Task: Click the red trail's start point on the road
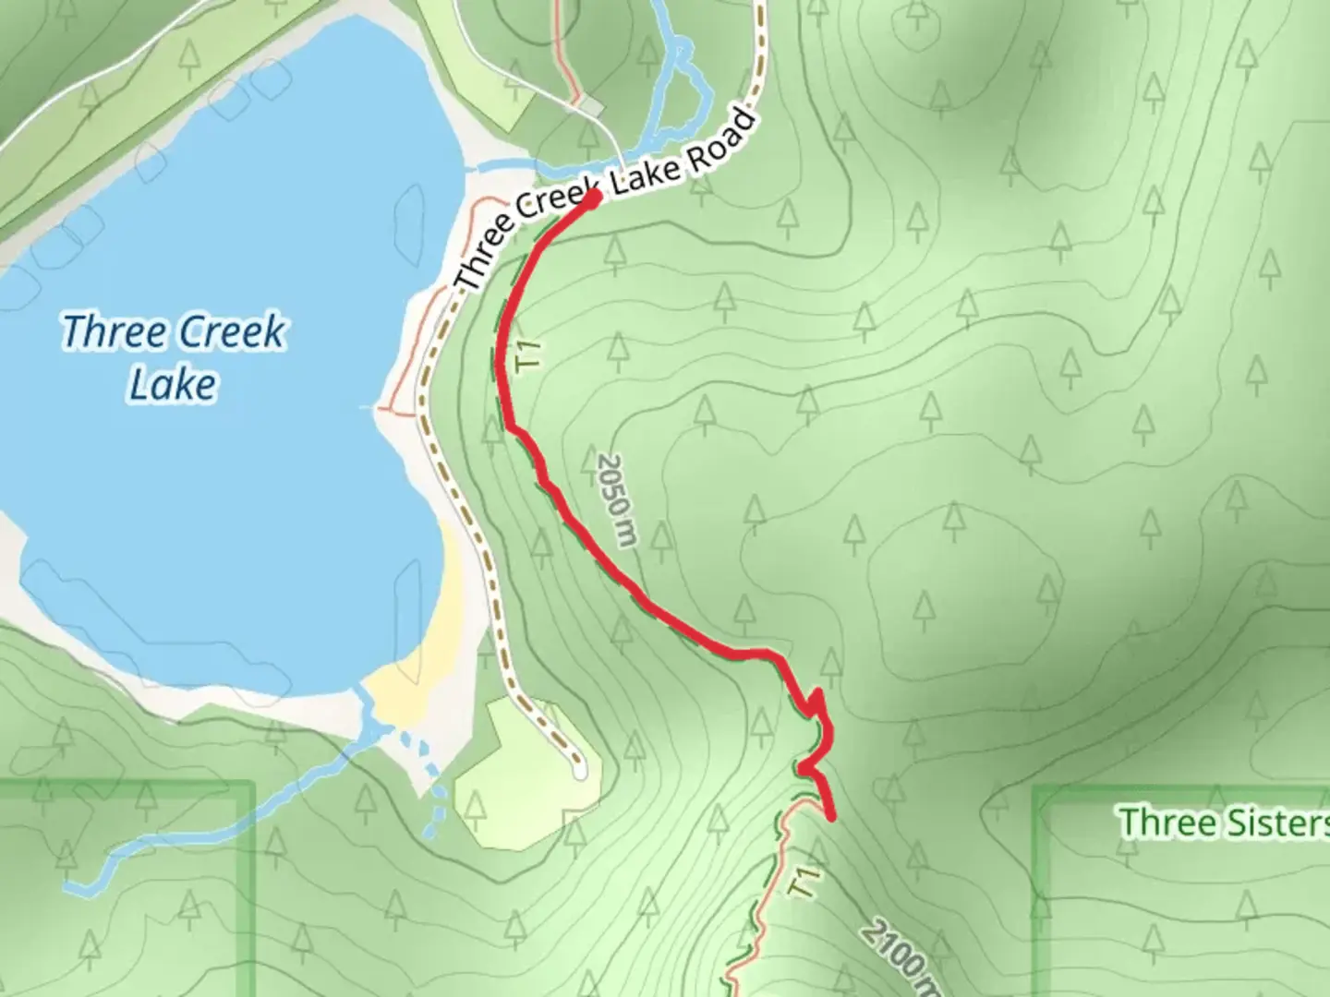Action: [x=593, y=197]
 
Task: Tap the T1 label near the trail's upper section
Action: [x=529, y=355]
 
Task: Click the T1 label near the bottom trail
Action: [x=804, y=883]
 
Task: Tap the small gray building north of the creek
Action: [x=592, y=109]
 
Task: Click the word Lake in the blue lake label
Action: [x=173, y=384]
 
